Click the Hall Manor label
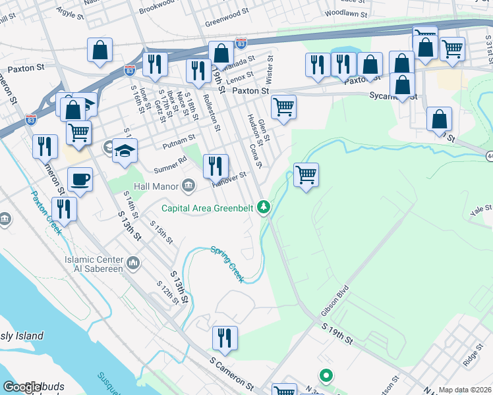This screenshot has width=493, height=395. coord(156,186)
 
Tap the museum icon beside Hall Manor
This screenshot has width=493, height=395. coord(189,186)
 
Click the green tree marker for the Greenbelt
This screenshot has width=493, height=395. coord(264,208)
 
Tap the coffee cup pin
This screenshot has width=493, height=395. coord(80,180)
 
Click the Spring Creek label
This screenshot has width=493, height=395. coord(227,263)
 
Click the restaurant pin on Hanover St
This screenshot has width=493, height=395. coord(216,167)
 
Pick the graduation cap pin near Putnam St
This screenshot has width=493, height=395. coord(125,151)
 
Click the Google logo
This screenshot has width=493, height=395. coord(22,387)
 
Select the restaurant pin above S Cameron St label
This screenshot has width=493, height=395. coord(225,340)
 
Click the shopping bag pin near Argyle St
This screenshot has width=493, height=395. coord(100,50)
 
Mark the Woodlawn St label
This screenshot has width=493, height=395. coord(345,13)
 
